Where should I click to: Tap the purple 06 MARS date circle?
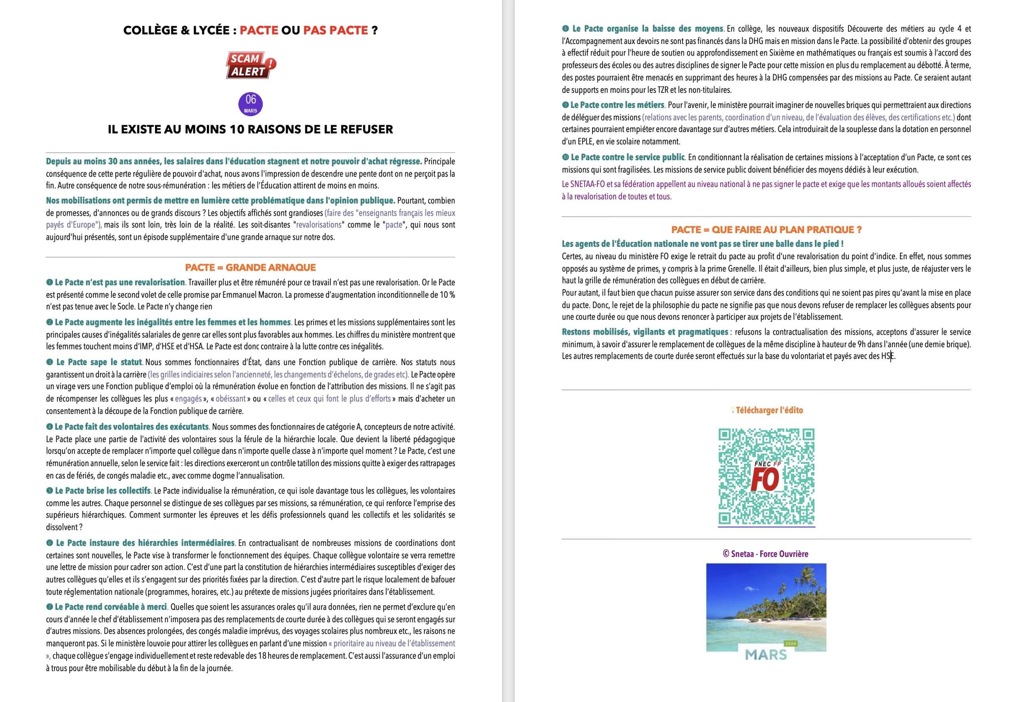point(251,104)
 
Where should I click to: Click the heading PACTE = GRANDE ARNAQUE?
point(250,268)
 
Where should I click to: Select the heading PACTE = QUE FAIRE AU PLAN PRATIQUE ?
point(766,230)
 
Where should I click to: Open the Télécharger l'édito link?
point(769,410)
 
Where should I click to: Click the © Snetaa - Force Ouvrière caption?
point(765,554)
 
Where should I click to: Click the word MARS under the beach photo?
point(766,654)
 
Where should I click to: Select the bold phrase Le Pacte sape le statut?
point(99,362)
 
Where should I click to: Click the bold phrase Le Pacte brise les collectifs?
point(103,490)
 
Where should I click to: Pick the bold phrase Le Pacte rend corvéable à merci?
point(111,606)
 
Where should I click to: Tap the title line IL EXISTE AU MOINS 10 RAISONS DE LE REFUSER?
point(250,129)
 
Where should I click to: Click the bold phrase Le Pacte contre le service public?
point(627,157)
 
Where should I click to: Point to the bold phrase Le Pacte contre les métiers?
point(617,105)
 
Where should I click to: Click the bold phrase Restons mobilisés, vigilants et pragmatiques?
point(645,332)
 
